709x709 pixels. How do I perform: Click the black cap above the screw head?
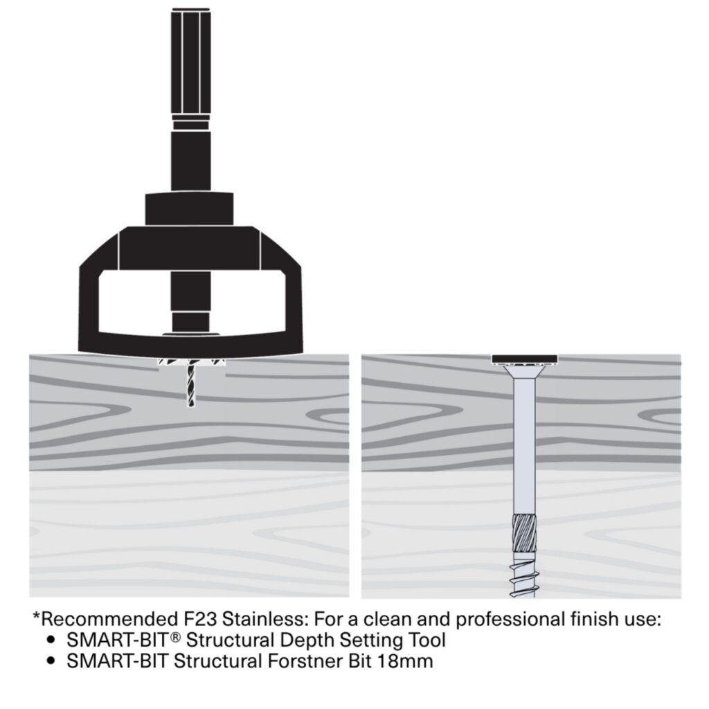pos(525,359)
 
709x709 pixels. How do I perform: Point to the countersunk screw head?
pos(525,372)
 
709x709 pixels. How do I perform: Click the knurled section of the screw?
pos(525,535)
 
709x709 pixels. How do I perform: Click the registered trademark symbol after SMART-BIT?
pos(176,637)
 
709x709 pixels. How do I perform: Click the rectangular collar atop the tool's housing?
pos(190,209)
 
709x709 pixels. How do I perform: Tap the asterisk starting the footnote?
pos(36,616)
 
